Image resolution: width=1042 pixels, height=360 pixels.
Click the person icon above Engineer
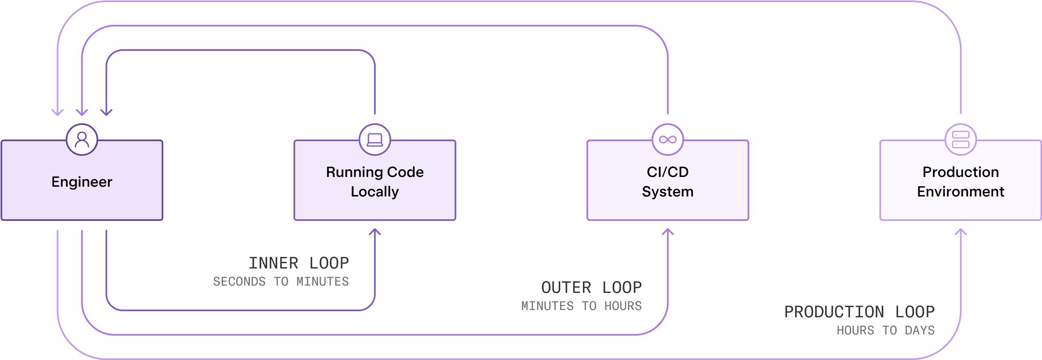pos(82,140)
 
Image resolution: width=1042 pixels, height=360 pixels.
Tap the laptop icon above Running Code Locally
pos(375,140)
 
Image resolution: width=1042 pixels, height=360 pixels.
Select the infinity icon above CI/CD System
pos(668,140)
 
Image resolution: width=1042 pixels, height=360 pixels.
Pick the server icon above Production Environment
pos(961,140)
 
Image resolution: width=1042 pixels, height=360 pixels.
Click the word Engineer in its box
pos(82,182)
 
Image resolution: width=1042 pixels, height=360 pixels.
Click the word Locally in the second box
pos(375,192)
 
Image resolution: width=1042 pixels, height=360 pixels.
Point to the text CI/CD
pos(668,172)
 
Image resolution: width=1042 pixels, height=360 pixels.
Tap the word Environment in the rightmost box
pos(961,192)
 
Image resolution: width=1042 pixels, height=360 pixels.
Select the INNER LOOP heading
pos(299,263)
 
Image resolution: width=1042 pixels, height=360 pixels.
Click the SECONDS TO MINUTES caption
pos(281,281)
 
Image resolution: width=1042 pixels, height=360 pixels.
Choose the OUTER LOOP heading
pos(591,288)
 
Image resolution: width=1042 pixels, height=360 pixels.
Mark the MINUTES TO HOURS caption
pos(581,306)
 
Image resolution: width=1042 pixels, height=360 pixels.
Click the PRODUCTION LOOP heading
pos(859,312)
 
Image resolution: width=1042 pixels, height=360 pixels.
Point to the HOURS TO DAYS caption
pos(885,330)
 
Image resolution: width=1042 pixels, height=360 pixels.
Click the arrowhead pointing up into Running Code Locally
pos(375,231)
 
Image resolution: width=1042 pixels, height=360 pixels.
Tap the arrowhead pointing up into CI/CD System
pos(668,231)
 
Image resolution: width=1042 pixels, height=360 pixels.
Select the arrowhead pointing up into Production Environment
pos(961,231)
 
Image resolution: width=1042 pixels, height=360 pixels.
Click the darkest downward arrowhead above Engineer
pos(106,112)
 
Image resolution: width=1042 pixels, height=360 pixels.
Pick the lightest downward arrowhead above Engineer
pos(57,112)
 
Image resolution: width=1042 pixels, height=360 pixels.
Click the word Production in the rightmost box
pos(961,172)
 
